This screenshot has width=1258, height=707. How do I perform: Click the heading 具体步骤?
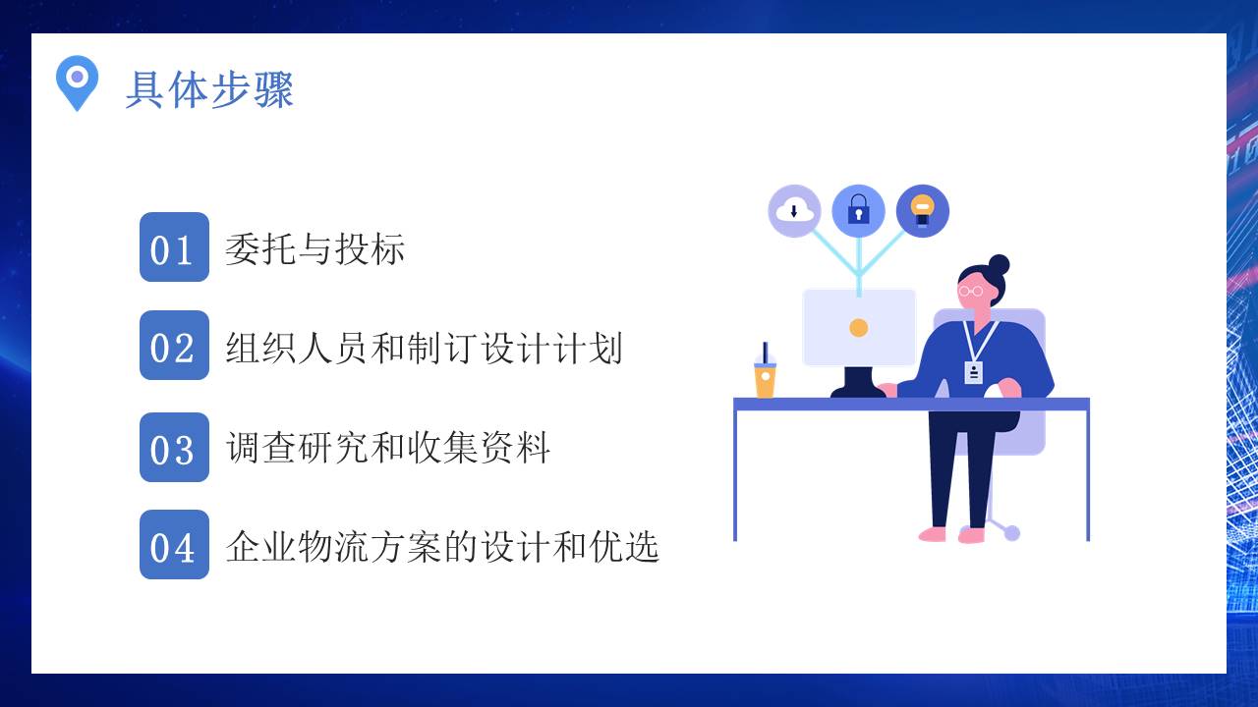tap(209, 90)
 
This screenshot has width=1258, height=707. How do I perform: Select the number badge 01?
tap(174, 247)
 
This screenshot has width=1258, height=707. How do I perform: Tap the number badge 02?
tap(174, 346)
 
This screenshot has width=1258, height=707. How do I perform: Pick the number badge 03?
tap(174, 448)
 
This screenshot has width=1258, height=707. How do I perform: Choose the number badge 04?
tap(174, 545)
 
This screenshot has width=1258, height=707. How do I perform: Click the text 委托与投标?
tap(314, 249)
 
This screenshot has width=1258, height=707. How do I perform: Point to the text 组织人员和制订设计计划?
tap(424, 348)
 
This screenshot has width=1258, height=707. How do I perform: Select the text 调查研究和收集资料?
tap(387, 449)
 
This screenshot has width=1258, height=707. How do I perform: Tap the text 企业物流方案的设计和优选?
tap(442, 546)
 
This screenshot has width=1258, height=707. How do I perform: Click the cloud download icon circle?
tap(794, 210)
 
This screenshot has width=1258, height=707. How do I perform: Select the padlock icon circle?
tap(858, 210)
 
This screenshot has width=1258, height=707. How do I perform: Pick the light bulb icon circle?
tap(922, 210)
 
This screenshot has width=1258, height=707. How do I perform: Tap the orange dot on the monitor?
tap(859, 328)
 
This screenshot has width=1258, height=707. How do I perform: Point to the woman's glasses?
tap(971, 291)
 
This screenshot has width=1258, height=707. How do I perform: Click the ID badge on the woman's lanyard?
tap(973, 372)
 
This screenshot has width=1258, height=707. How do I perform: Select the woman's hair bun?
tap(999, 265)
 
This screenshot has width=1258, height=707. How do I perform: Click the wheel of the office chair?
tap(1011, 533)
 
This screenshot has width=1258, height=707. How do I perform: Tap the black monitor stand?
tap(858, 383)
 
